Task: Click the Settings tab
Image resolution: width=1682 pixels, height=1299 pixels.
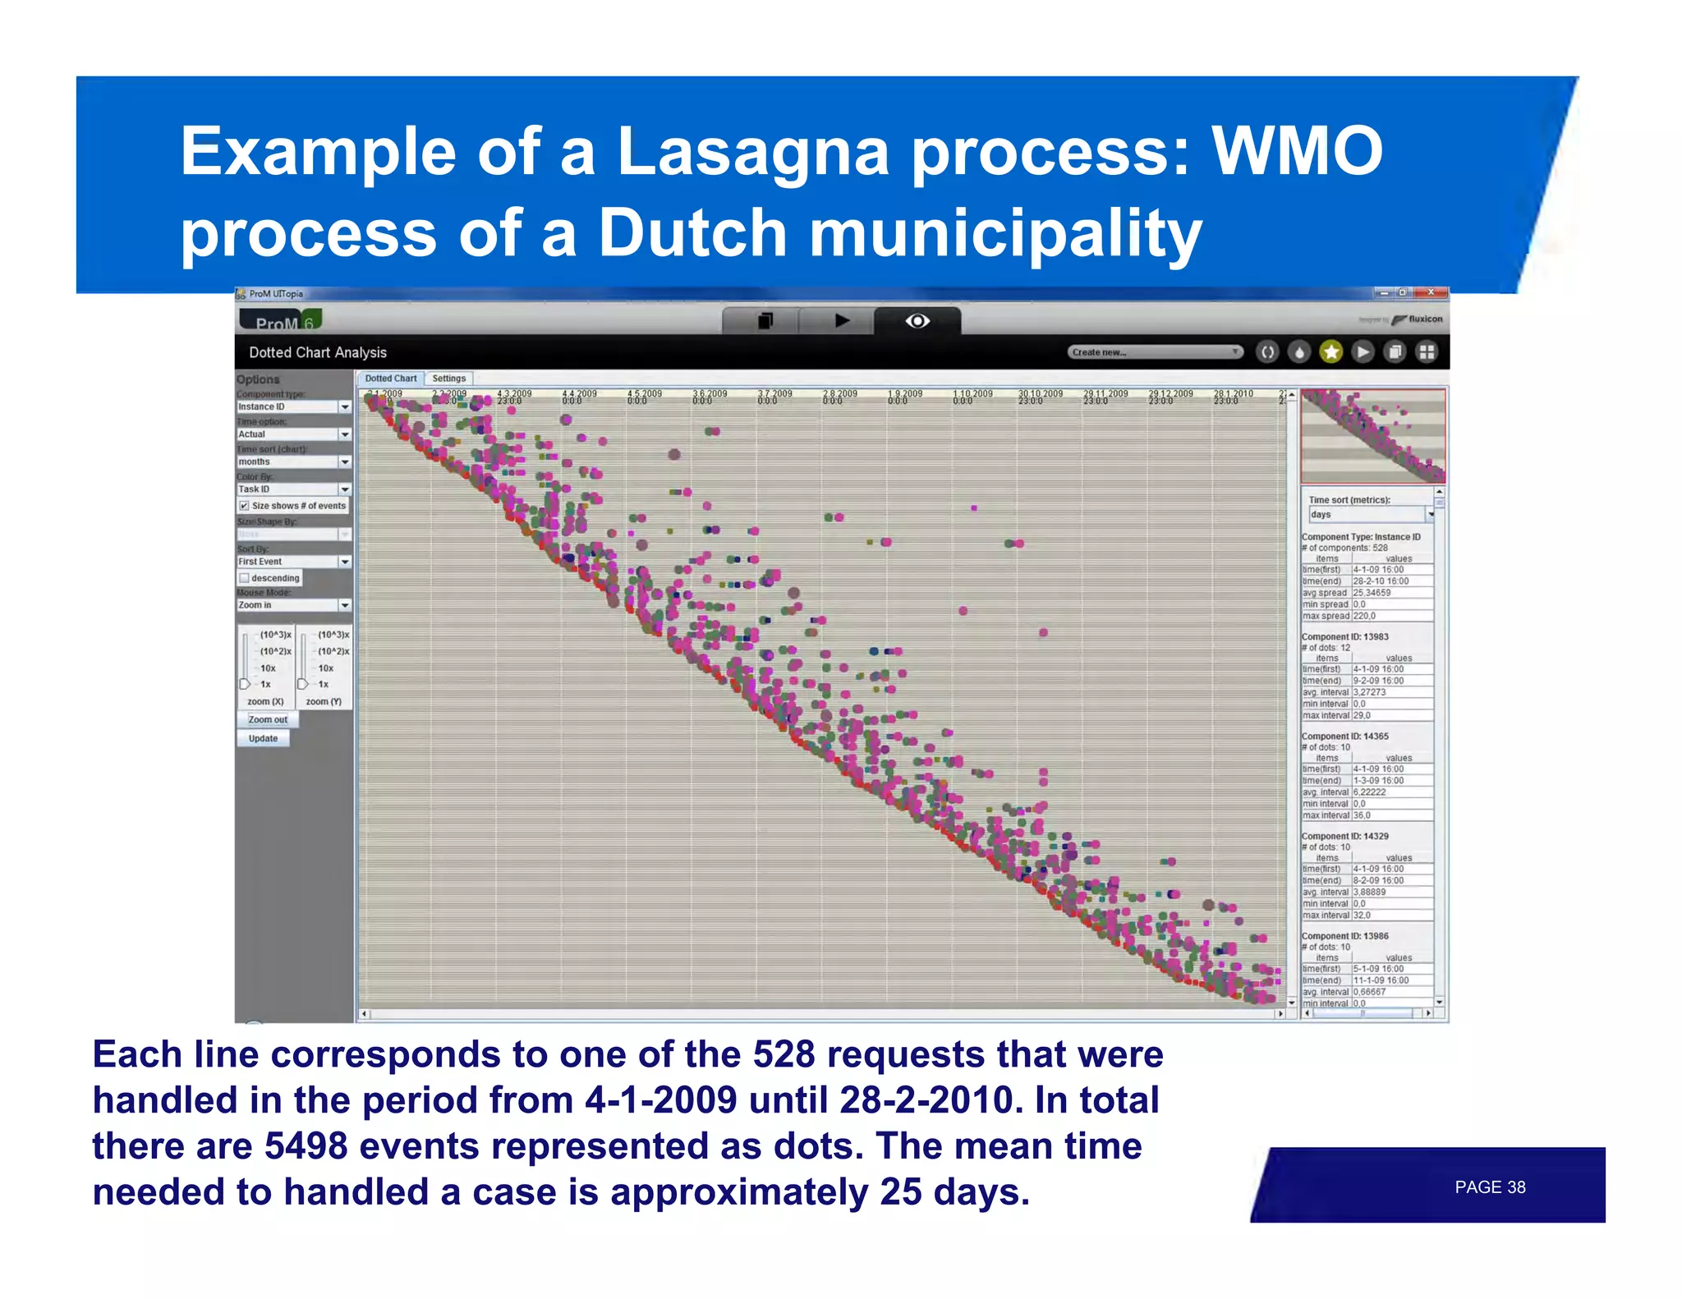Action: click(448, 379)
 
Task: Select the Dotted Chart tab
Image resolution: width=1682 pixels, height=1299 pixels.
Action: click(390, 379)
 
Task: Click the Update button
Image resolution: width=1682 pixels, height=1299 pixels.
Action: click(263, 738)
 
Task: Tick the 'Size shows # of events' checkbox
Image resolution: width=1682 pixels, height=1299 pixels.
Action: click(244, 506)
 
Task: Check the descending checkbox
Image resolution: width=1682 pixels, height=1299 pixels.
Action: click(244, 578)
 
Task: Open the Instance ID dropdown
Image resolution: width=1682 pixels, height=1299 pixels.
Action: click(344, 407)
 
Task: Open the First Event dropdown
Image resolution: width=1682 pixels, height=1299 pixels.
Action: click(344, 562)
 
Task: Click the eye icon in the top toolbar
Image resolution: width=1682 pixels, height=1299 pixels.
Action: click(917, 321)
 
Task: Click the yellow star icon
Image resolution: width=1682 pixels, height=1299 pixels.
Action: click(1330, 352)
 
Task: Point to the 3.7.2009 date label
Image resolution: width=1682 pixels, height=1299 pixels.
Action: click(774, 394)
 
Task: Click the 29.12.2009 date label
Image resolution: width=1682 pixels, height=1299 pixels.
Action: click(1170, 394)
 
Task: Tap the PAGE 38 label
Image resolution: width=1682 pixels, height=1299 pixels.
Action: click(1489, 1187)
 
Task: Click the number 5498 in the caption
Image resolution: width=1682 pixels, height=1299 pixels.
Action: click(306, 1146)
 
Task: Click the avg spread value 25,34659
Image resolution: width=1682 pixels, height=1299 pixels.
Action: click(1372, 593)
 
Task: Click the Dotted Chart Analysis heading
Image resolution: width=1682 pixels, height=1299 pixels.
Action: click(317, 352)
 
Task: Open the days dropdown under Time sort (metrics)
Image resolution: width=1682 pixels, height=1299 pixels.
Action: click(1430, 515)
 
